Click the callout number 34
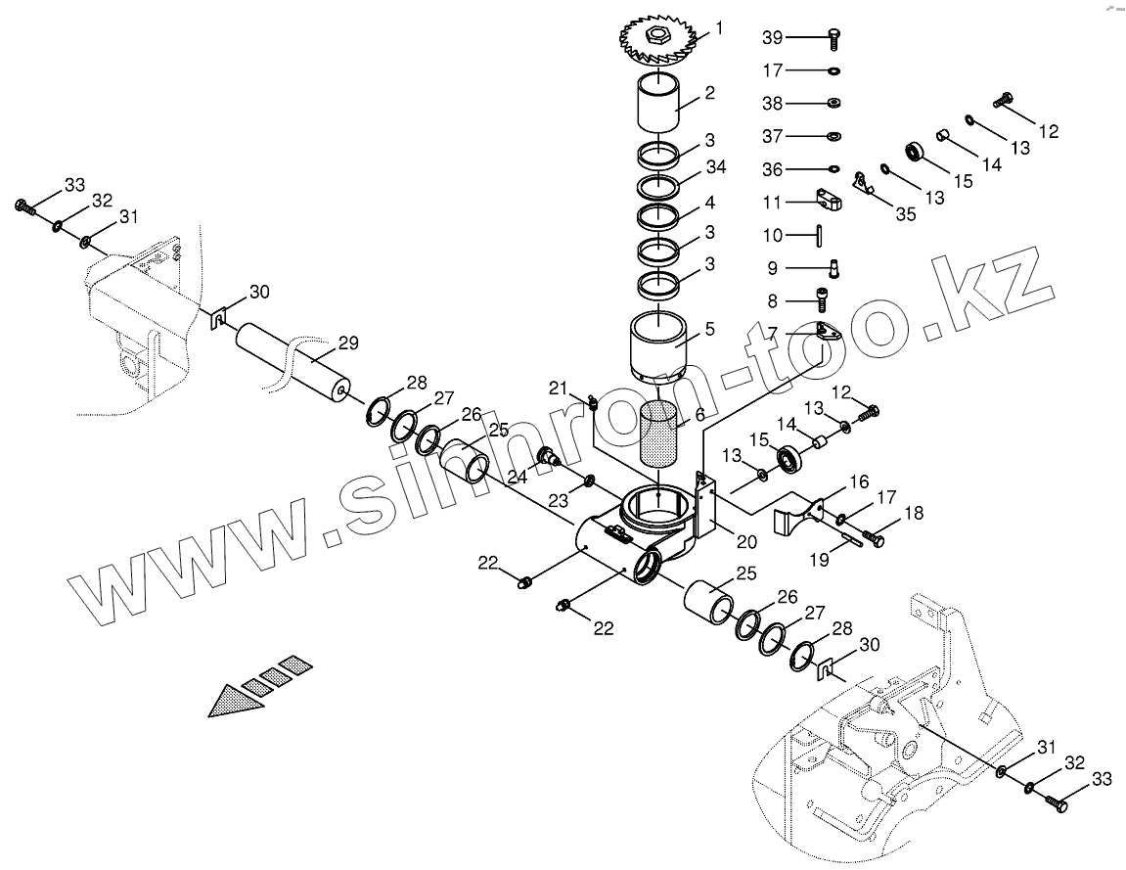(717, 167)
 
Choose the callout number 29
(348, 343)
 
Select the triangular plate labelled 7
(829, 332)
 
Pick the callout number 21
(559, 389)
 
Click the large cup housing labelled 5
(661, 346)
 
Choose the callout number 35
(905, 214)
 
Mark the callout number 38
(773, 103)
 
